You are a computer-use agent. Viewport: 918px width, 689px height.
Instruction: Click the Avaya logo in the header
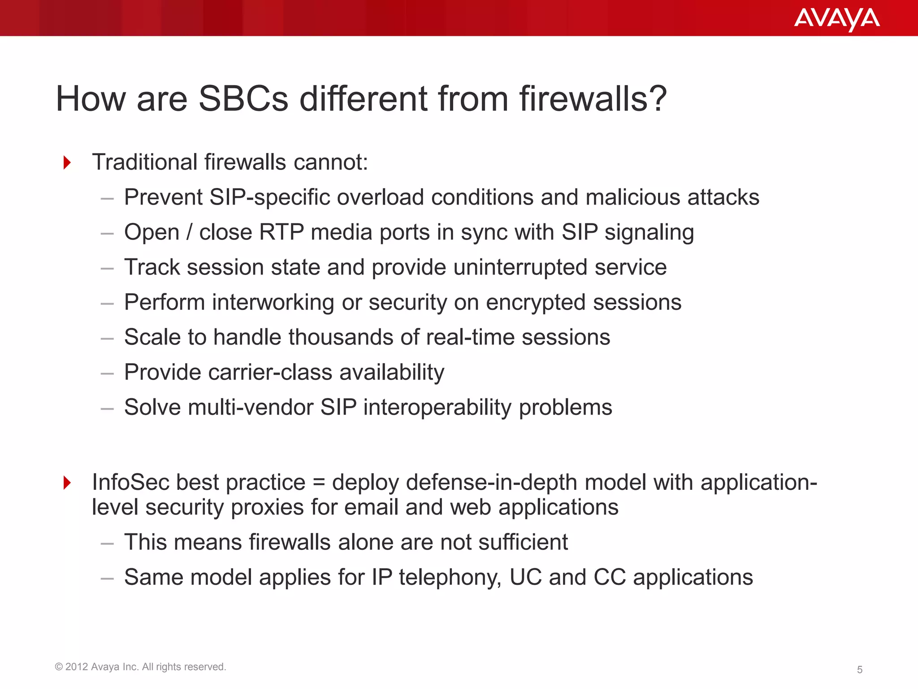(x=836, y=19)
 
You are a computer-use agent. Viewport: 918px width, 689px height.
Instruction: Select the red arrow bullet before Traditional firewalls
(x=67, y=162)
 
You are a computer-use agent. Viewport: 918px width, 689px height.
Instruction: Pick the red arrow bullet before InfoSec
(x=67, y=483)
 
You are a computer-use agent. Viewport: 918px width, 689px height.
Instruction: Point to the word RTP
(x=281, y=232)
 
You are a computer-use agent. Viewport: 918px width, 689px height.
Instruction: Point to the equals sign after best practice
(x=318, y=483)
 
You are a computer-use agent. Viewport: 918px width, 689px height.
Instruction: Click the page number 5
(x=859, y=670)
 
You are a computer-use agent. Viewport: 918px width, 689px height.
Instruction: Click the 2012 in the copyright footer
(x=76, y=667)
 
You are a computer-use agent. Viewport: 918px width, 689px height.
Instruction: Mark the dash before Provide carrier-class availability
(x=107, y=373)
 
